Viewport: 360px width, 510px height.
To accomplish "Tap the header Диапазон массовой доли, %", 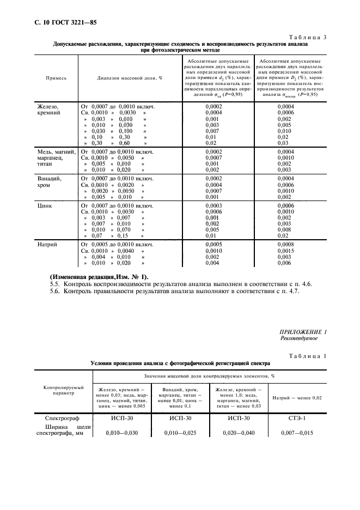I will [130, 78].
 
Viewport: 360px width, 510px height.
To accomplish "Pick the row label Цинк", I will [44, 206].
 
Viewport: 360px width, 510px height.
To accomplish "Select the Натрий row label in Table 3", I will [47, 245].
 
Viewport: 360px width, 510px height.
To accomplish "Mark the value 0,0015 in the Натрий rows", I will [285, 251].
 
